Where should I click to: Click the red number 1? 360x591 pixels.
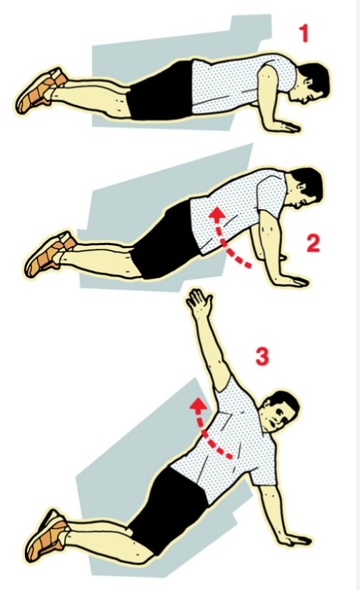304,33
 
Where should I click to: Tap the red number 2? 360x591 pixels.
314,243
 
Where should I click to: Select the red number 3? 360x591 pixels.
262,356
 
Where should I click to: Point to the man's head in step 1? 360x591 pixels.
309,84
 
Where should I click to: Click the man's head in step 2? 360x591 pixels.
304,189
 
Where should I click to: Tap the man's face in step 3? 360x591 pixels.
276,413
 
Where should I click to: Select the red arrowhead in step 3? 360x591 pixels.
197,404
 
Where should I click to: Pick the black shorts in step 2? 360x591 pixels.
166,242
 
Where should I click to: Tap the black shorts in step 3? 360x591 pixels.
169,509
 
